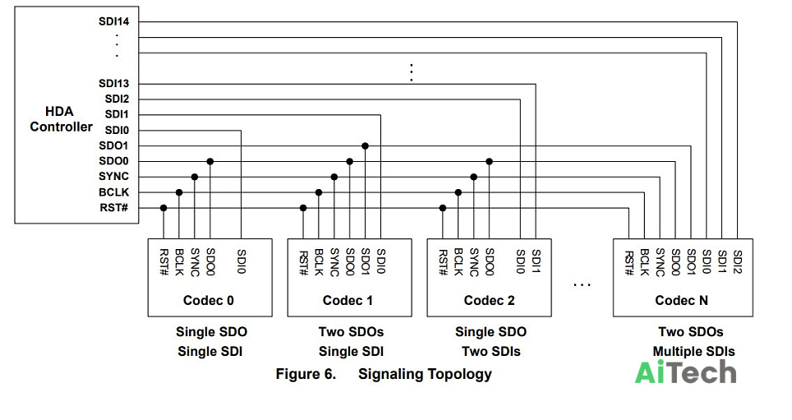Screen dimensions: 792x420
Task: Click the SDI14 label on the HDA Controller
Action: (113, 21)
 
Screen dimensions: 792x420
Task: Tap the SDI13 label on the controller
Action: (113, 83)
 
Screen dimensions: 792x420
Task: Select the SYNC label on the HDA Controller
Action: (113, 177)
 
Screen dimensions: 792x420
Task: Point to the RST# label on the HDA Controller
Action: (113, 208)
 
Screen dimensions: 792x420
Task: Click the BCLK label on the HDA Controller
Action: (113, 192)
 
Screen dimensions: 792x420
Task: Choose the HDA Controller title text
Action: (61, 119)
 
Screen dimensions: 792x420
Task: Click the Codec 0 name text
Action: (208, 300)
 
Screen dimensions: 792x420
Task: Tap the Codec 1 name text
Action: (348, 300)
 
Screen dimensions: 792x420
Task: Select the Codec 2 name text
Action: (489, 300)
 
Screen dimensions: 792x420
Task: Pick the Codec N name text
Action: (681, 300)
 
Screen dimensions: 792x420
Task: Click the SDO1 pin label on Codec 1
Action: (366, 262)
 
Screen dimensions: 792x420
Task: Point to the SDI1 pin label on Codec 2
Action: (536, 261)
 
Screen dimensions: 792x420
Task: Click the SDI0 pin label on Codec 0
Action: (242, 261)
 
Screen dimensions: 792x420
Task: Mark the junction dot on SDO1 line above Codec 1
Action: (365, 146)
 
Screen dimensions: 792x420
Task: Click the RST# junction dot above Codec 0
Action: (163, 208)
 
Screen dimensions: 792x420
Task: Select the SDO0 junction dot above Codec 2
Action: (489, 161)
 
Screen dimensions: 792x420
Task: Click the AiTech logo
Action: (685, 372)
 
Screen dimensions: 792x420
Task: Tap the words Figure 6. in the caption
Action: (306, 374)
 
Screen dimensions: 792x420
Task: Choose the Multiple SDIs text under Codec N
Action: (693, 351)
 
